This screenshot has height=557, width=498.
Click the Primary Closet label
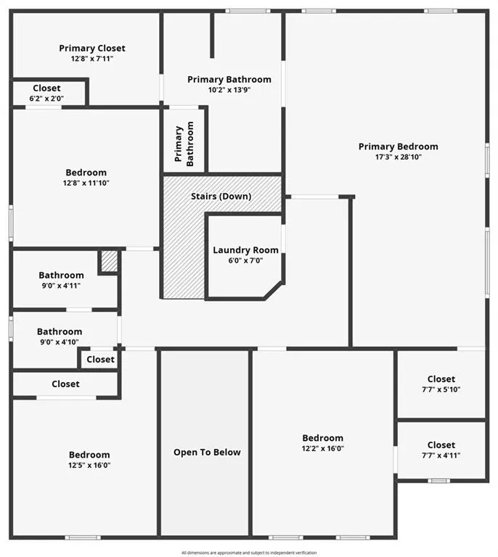point(92,49)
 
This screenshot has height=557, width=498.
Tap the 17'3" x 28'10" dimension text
point(398,157)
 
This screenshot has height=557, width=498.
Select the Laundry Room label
point(245,250)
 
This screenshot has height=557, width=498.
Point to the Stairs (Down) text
point(221,197)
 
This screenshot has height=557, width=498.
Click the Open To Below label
point(207,453)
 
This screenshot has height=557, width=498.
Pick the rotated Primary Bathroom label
point(184,144)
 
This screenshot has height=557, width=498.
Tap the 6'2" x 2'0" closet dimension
point(46,99)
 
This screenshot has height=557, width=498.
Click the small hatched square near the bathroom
point(109,261)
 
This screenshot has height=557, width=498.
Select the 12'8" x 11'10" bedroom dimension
point(86,183)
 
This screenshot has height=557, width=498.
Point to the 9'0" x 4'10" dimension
point(60,342)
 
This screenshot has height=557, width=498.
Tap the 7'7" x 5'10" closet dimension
point(441,389)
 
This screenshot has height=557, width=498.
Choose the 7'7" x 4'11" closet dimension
point(441,455)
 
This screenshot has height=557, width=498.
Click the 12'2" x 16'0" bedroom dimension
point(323,448)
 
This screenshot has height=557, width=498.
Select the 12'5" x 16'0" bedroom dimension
point(89,466)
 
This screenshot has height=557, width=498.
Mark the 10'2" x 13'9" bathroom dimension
point(229,90)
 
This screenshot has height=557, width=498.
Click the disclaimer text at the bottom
point(249,553)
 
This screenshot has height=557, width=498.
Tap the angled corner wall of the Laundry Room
point(274,291)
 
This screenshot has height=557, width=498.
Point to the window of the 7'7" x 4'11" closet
point(438,481)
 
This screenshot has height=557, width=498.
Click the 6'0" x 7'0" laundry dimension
point(245,260)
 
